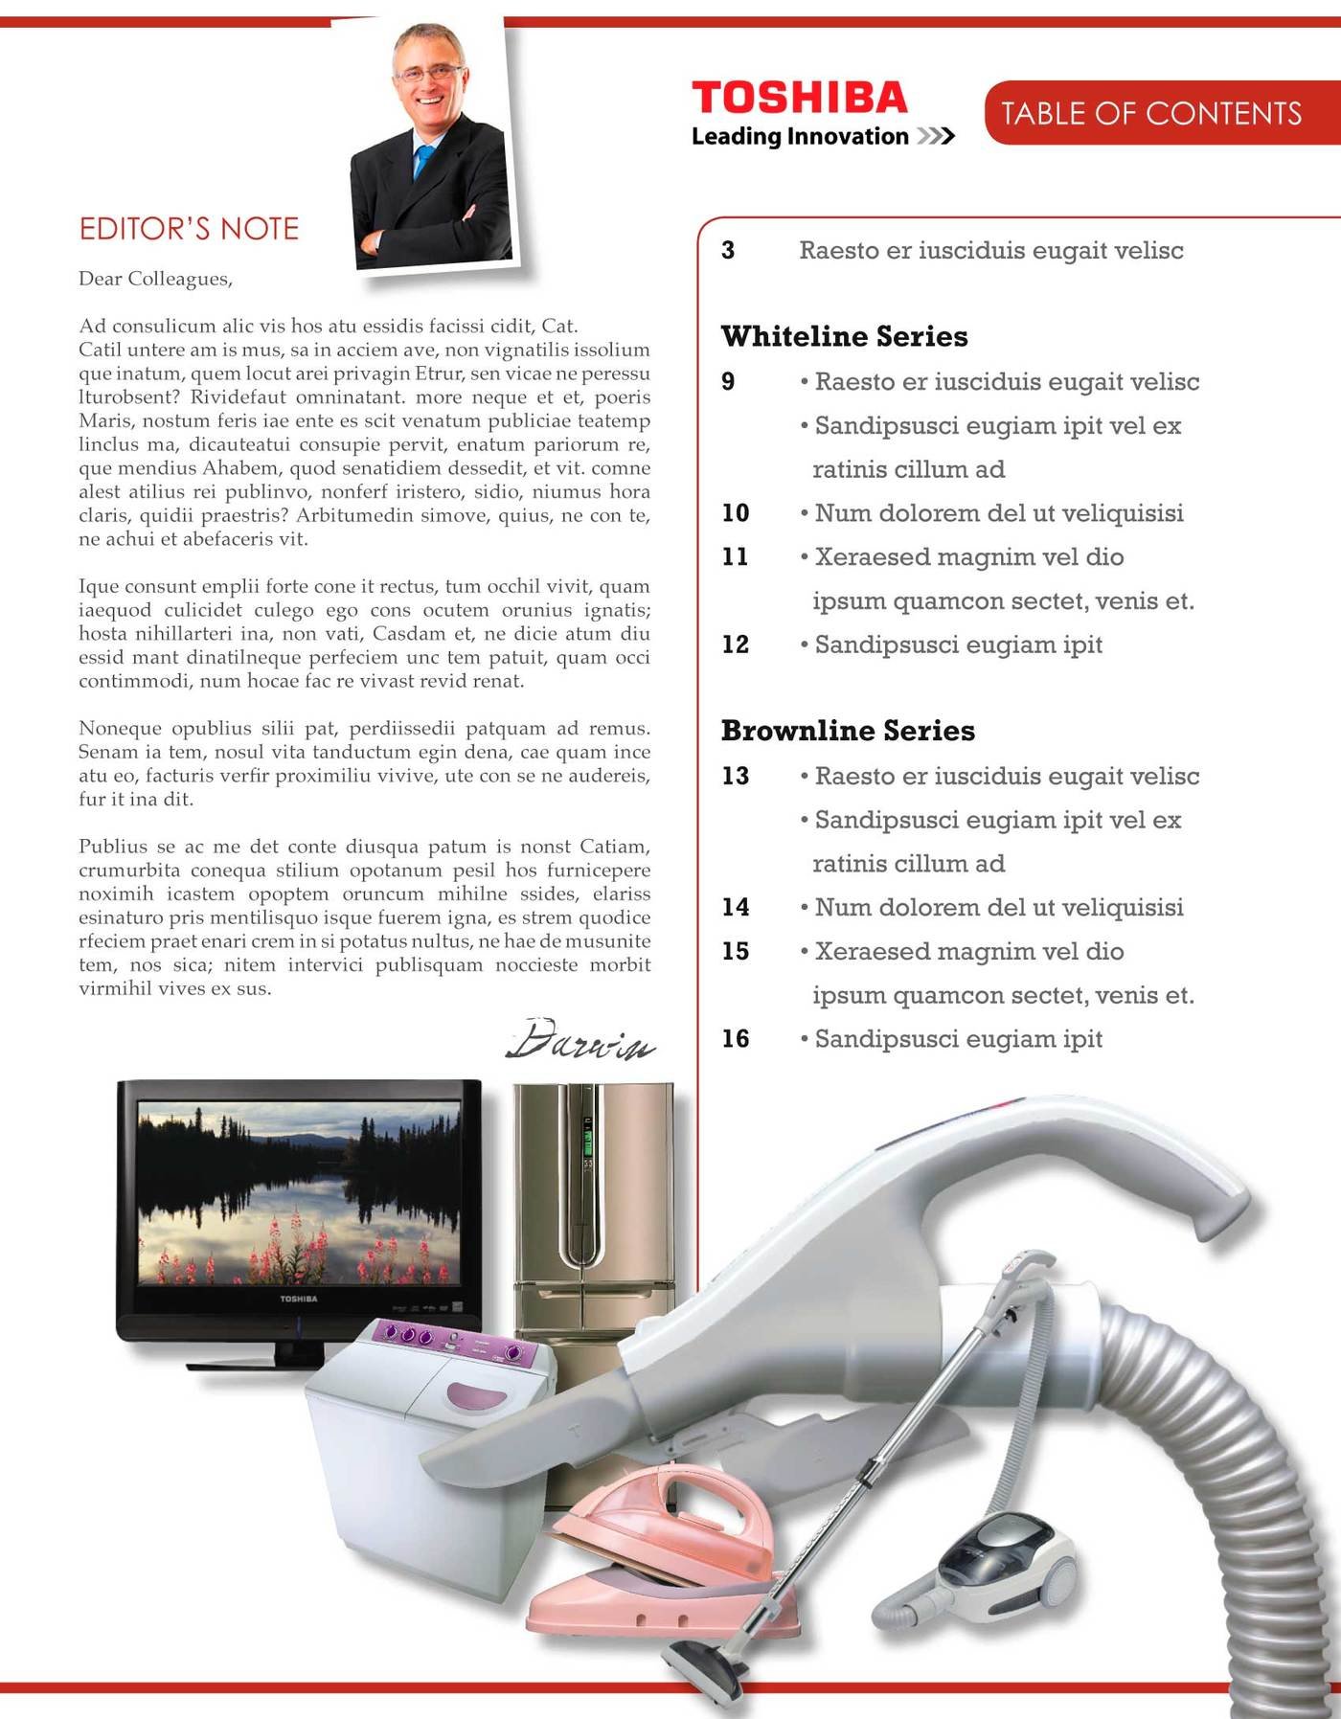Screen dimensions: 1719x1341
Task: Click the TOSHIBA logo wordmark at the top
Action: pyautogui.click(x=799, y=99)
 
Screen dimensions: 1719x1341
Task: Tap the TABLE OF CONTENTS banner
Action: pyautogui.click(x=1151, y=114)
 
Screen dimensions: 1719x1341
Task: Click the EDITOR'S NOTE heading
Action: pyautogui.click(x=189, y=229)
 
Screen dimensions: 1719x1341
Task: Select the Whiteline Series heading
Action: pyautogui.click(x=844, y=336)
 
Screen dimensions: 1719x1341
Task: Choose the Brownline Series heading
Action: pyautogui.click(x=848, y=731)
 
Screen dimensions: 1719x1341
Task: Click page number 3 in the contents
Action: pyautogui.click(x=728, y=251)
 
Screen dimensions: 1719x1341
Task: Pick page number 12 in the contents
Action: pyautogui.click(x=736, y=645)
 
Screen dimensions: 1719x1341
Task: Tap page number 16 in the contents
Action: pyautogui.click(x=736, y=1039)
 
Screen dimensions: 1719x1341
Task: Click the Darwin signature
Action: pyautogui.click(x=580, y=1040)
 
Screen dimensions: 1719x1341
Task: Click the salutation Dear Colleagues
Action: pyautogui.click(x=155, y=279)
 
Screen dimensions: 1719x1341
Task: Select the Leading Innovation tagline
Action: pyautogui.click(x=800, y=137)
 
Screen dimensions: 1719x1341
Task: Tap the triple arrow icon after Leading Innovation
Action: pyautogui.click(x=936, y=137)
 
